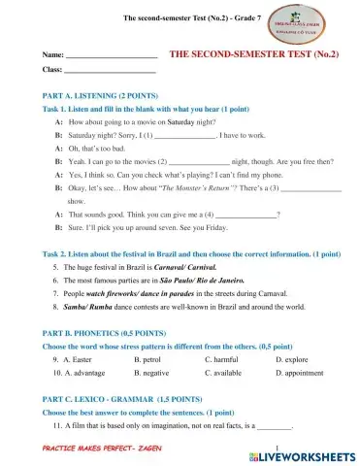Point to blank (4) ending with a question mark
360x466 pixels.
pyautogui.click(x=245, y=212)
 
